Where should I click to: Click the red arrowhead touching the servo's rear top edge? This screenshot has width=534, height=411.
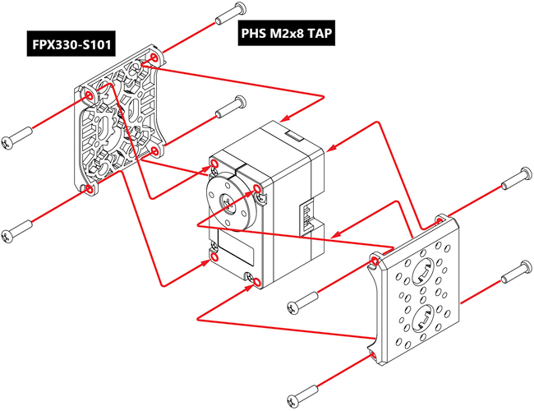330,149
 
